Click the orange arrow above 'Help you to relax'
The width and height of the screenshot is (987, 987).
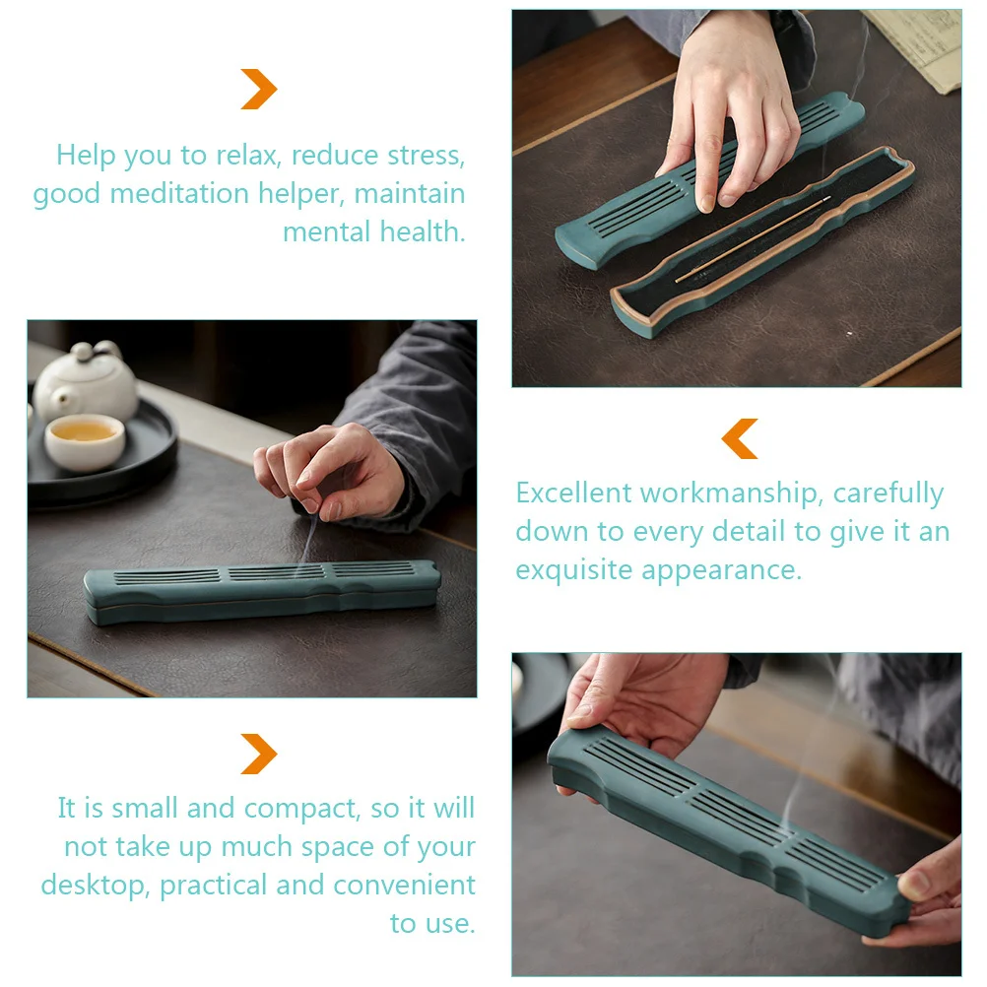[259, 90]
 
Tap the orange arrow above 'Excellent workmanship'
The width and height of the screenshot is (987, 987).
[740, 438]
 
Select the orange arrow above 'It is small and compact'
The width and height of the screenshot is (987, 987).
[259, 755]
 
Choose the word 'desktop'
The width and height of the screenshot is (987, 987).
[94, 886]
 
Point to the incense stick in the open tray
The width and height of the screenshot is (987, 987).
[753, 239]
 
